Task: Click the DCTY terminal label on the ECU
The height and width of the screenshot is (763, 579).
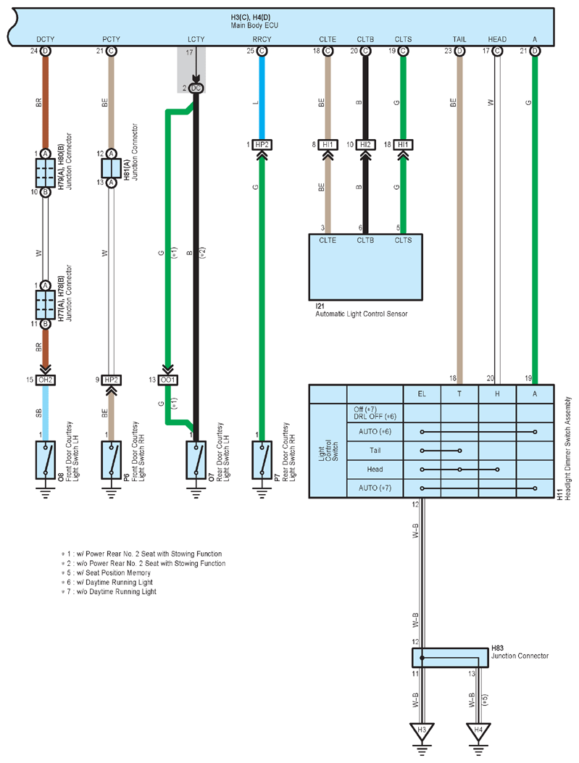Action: tap(45, 39)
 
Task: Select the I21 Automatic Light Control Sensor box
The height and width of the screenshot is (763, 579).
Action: tap(365, 267)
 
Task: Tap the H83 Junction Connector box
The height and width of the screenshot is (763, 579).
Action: tap(450, 657)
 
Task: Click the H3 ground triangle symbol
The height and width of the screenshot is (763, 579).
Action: tap(422, 731)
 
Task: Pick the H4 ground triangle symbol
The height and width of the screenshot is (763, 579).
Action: tap(478, 731)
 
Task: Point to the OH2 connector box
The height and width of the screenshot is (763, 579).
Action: tap(45, 380)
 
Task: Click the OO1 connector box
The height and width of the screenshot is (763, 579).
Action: tap(168, 380)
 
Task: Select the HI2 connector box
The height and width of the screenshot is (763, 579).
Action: tap(365, 144)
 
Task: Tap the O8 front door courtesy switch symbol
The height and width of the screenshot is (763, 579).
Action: tap(45, 460)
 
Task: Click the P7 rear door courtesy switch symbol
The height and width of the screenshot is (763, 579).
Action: tap(262, 460)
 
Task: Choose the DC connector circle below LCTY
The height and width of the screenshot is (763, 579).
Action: tap(196, 88)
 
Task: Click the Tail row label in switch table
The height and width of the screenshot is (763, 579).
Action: tap(375, 451)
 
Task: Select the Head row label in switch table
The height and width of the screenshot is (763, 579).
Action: tap(375, 469)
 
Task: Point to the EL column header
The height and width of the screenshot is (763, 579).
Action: tap(422, 393)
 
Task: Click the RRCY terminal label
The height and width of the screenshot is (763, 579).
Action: tap(262, 39)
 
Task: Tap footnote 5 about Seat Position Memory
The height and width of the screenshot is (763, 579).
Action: tap(106, 572)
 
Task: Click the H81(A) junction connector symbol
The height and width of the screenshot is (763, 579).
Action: tap(111, 168)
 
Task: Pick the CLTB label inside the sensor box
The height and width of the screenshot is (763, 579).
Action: tap(365, 240)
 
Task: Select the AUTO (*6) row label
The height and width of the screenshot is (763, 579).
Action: tap(375, 432)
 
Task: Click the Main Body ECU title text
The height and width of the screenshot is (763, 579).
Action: tap(254, 25)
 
